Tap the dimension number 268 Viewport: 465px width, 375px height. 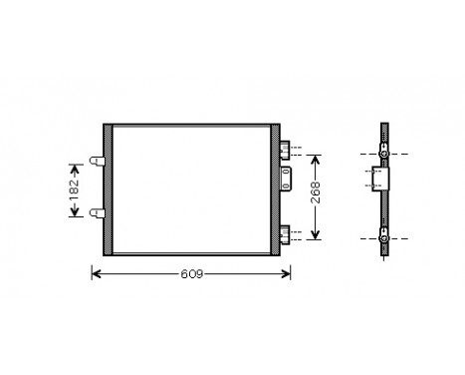(x=317, y=196)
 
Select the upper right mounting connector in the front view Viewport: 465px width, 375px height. (x=285, y=151)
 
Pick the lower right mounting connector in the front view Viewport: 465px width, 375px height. (x=285, y=234)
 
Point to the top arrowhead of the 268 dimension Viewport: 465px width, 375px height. (x=317, y=158)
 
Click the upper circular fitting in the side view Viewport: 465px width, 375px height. (x=384, y=156)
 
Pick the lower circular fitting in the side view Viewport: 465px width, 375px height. (x=384, y=238)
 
